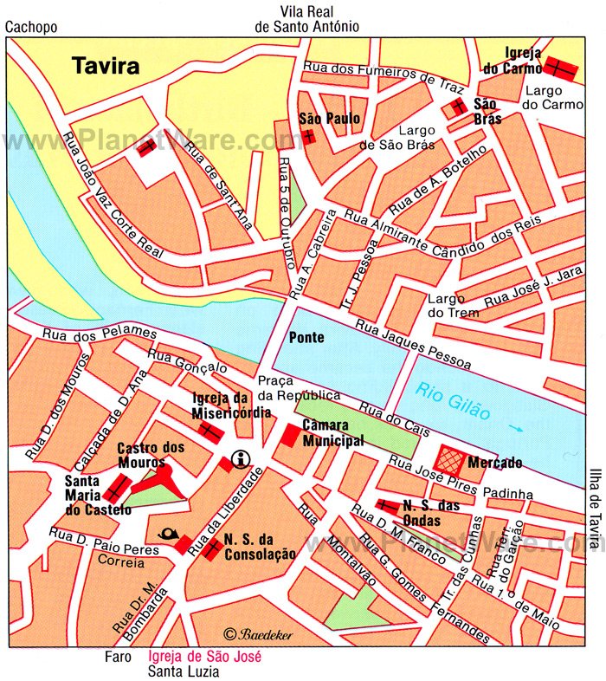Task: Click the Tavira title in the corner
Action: click(x=106, y=67)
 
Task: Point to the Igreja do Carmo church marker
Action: click(x=559, y=67)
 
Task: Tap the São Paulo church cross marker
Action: click(x=309, y=137)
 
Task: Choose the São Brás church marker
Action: click(x=456, y=107)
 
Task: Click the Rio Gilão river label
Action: click(x=452, y=401)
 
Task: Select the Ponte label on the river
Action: click(x=306, y=337)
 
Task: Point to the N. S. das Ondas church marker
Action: click(x=387, y=505)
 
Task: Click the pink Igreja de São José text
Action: click(x=205, y=657)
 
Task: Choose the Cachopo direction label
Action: click(x=31, y=27)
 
